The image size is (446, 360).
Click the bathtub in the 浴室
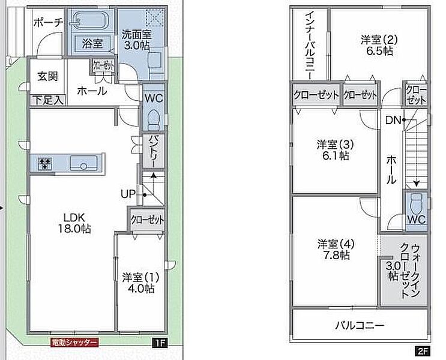click(x=89, y=20)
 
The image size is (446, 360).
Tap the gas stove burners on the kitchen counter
click(x=45, y=164)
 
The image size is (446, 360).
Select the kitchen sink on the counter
click(x=83, y=163)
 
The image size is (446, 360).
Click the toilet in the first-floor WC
click(x=154, y=120)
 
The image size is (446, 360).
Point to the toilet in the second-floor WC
click(x=417, y=204)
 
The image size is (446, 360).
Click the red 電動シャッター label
click(x=74, y=343)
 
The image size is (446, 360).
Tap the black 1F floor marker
click(x=159, y=343)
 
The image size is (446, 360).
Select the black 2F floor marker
click(x=423, y=352)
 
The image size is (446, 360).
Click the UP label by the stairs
click(x=128, y=194)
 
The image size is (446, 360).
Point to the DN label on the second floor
click(x=393, y=120)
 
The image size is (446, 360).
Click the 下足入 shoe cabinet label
click(x=48, y=100)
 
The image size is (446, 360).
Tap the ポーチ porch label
click(x=48, y=22)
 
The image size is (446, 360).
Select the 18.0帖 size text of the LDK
click(x=74, y=229)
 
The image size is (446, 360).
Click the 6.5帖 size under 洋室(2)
click(x=379, y=51)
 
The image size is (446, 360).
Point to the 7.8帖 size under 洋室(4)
click(x=336, y=255)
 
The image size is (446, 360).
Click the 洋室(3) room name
click(x=336, y=145)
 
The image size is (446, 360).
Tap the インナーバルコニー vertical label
click(x=310, y=46)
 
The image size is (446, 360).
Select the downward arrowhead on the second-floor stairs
click(x=417, y=184)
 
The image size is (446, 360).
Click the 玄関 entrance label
click(x=48, y=76)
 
